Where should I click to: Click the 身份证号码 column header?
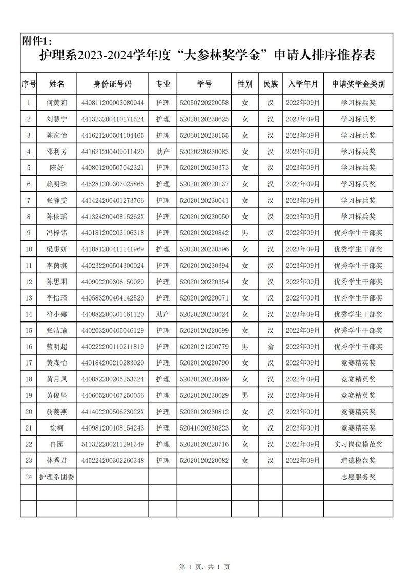tap(112, 84)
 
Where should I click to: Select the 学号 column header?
tap(204, 84)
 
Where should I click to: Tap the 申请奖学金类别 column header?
tap(358, 84)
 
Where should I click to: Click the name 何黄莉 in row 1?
tap(56, 103)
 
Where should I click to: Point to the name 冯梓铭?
tap(56, 233)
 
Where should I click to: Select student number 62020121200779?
tap(204, 347)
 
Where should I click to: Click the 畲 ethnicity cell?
tap(270, 347)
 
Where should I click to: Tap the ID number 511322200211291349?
tap(112, 444)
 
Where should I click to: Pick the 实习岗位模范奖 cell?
tap(358, 444)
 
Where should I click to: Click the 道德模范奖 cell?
tap(358, 460)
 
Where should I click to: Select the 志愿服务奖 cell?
tap(358, 477)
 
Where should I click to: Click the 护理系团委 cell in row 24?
tap(56, 477)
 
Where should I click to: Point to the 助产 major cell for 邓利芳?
tap(163, 152)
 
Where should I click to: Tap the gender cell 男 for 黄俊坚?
tap(245, 396)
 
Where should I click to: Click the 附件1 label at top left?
tap(36, 41)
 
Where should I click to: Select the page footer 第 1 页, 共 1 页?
tap(204, 567)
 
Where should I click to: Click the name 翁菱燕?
tap(56, 412)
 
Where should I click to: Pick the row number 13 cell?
tap(29, 298)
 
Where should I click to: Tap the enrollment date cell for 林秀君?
tap(302, 460)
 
